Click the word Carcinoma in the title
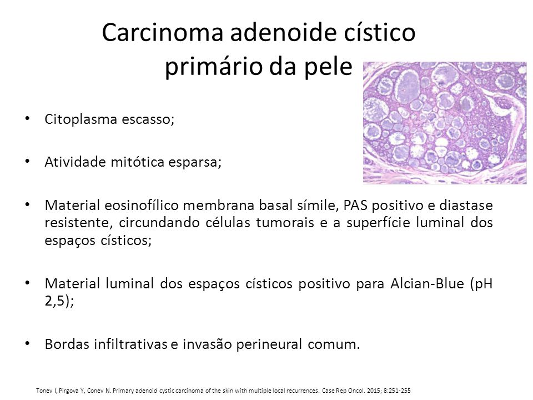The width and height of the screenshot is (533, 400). click(x=163, y=33)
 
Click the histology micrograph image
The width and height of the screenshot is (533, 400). click(x=445, y=123)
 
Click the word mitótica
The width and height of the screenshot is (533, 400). click(x=138, y=162)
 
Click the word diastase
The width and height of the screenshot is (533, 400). click(x=466, y=205)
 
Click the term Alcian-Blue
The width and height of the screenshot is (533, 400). click(x=428, y=283)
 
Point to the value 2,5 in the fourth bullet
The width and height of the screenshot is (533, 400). click(x=54, y=301)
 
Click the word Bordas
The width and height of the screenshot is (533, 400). click(x=66, y=344)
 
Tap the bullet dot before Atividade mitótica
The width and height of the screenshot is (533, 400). click(x=28, y=161)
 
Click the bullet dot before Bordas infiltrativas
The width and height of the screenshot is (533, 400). click(x=28, y=343)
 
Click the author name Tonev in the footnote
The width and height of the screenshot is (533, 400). click(x=43, y=391)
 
